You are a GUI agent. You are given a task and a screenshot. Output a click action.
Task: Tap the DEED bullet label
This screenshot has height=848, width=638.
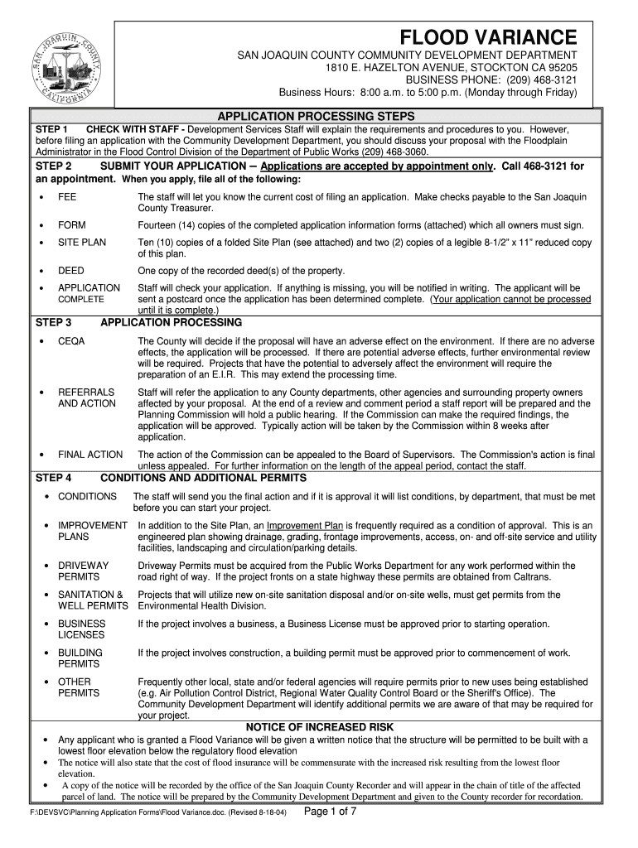[x=70, y=271]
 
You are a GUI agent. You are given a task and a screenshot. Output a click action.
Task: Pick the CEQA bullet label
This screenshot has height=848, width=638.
[x=71, y=341]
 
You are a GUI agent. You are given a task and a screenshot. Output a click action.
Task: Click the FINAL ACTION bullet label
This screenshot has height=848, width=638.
[x=89, y=455]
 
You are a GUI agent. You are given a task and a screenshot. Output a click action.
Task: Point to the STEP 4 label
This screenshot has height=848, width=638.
[x=53, y=478]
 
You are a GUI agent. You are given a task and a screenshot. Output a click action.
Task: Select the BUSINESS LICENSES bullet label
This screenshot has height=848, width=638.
[x=81, y=629]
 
